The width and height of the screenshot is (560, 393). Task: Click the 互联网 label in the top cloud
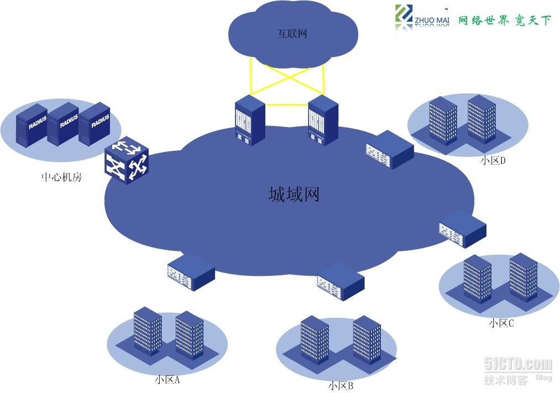pyautogui.click(x=292, y=34)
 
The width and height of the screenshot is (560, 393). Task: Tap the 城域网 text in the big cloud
pyautogui.click(x=294, y=195)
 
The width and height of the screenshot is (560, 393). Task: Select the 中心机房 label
pyautogui.click(x=61, y=177)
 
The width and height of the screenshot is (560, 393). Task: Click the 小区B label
pyautogui.click(x=340, y=386)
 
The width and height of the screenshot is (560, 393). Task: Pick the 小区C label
pyautogui.click(x=501, y=323)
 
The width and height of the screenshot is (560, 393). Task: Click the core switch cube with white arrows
pyautogui.click(x=127, y=160)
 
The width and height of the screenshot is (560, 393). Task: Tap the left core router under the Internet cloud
pyautogui.click(x=249, y=120)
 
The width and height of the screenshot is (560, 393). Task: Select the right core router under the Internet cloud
pyautogui.click(x=323, y=120)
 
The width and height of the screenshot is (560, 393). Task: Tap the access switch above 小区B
pyautogui.click(x=341, y=281)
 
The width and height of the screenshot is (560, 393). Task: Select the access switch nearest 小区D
pyautogui.click(x=389, y=149)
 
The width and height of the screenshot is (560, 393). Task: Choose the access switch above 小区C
pyautogui.click(x=462, y=229)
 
